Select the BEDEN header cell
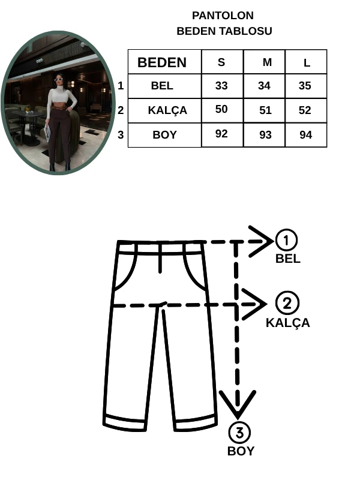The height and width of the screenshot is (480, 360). tap(162, 62)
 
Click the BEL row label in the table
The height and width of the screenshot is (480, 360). tap(162, 86)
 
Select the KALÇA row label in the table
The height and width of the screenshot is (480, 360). tap(167, 110)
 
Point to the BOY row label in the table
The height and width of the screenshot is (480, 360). tap(164, 135)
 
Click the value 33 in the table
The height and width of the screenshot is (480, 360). tap(221, 86)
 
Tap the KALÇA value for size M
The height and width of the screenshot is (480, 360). tap(265, 110)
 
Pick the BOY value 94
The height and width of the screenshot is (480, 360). tap(306, 135)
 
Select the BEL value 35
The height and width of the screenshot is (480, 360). tap(305, 86)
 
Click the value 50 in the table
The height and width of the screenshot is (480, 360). tap(221, 109)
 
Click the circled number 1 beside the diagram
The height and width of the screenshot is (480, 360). tap(287, 241)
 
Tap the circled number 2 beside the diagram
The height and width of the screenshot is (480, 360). tap(287, 303)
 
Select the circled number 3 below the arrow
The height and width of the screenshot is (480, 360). tap(239, 433)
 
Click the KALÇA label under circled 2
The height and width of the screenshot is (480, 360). tap(287, 323)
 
